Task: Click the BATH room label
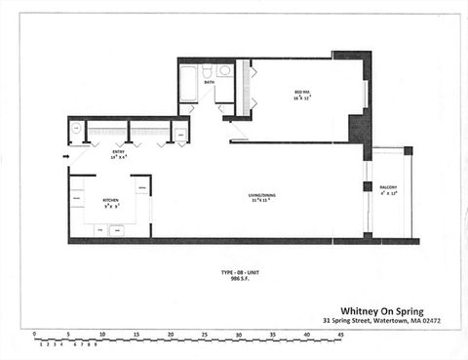pyautogui.click(x=209, y=82)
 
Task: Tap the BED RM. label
pyautogui.click(x=302, y=92)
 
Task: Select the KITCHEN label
pyautogui.click(x=111, y=200)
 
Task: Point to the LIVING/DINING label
pyautogui.click(x=261, y=196)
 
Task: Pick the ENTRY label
pyautogui.click(x=119, y=151)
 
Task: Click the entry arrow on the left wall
pyautogui.click(x=66, y=155)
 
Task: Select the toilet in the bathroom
pyautogui.click(x=208, y=71)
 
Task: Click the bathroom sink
pyautogui.click(x=224, y=70)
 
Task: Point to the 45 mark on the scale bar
pyautogui.click(x=340, y=335)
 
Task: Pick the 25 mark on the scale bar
pyautogui.click(x=204, y=335)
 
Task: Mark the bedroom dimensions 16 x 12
pyautogui.click(x=302, y=99)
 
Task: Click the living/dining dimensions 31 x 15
pyautogui.click(x=261, y=202)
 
